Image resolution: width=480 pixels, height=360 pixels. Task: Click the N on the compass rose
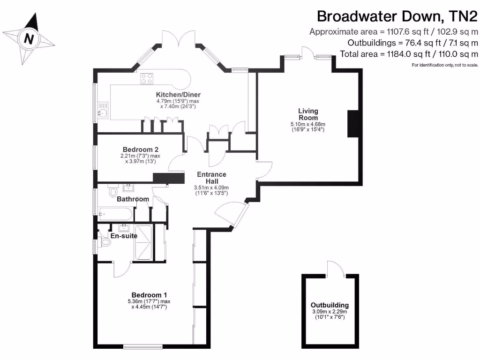coord(30,38)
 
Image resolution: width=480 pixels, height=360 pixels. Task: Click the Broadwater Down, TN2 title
coord(397,16)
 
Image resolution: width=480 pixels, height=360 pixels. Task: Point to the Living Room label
coord(308,114)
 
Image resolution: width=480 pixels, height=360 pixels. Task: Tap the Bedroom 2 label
coord(137,150)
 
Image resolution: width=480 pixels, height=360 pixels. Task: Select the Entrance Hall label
coord(211,178)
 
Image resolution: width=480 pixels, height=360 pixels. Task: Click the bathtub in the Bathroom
coord(116,214)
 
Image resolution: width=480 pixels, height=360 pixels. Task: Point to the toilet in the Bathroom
coord(112,192)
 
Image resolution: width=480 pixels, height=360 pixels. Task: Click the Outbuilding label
coord(330,304)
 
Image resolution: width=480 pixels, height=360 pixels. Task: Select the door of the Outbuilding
coord(336,268)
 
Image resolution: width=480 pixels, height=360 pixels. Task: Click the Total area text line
coord(409,54)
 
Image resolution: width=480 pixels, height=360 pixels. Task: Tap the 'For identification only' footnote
coord(444,65)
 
